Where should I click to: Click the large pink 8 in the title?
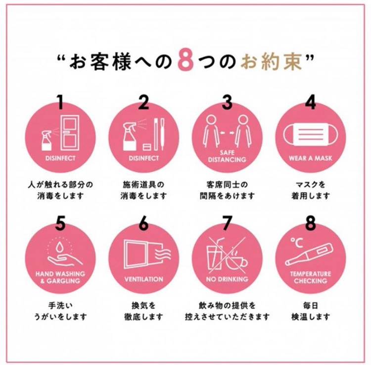click(x=185, y=59)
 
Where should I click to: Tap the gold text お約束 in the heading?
click(x=272, y=61)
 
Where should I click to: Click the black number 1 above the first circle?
click(x=60, y=102)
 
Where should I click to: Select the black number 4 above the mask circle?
click(x=311, y=102)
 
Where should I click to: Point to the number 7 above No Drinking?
click(x=227, y=223)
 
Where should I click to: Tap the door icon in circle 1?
click(x=70, y=133)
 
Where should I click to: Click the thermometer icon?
click(x=309, y=255)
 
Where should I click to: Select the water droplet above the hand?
click(x=59, y=247)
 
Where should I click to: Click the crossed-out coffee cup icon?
click(x=236, y=260)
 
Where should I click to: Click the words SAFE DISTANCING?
click(x=227, y=156)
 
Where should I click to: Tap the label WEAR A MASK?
click(x=311, y=158)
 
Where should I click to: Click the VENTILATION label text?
click(x=143, y=279)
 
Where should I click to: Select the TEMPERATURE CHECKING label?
click(x=311, y=277)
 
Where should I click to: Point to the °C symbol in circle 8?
click(x=297, y=243)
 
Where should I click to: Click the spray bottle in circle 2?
click(x=130, y=136)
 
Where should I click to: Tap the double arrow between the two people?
click(x=227, y=133)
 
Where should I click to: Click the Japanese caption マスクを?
click(x=311, y=184)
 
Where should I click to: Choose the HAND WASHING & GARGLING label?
click(x=60, y=277)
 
